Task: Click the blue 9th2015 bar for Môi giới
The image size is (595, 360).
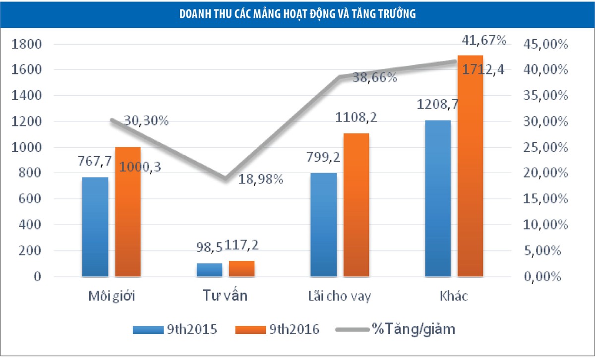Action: [x=95, y=226]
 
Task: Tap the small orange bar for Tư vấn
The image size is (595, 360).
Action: [x=241, y=268]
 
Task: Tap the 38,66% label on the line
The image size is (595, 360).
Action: [x=374, y=77]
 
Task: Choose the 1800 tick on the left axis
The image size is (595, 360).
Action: [x=26, y=44]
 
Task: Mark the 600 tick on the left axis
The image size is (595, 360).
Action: [x=30, y=199]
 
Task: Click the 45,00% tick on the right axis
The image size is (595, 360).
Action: [x=544, y=44]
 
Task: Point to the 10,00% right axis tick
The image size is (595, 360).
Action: [x=544, y=225]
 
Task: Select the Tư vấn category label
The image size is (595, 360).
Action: [x=225, y=297]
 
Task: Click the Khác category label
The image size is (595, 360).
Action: [x=454, y=297]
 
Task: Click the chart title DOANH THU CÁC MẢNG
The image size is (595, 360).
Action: [x=297, y=14]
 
